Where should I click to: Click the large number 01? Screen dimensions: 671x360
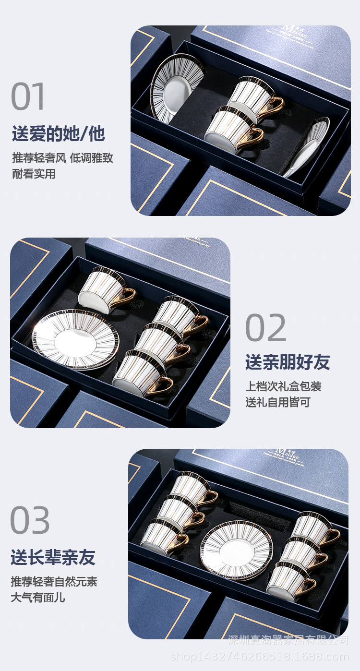(29, 96)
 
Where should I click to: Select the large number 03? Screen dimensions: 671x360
(30, 520)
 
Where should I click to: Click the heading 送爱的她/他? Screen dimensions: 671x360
(58, 134)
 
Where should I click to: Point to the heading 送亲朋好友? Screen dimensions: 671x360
(288, 362)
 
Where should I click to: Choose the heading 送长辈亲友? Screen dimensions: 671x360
(53, 558)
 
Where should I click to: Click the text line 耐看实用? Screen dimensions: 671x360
(34, 174)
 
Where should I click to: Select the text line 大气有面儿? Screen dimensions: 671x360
(38, 598)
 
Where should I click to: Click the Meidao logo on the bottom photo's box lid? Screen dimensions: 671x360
(287, 454)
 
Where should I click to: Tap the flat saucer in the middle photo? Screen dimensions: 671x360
(75, 340)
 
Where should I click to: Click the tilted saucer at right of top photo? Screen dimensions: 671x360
(307, 147)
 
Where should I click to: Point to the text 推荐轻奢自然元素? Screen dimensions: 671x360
(54, 582)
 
